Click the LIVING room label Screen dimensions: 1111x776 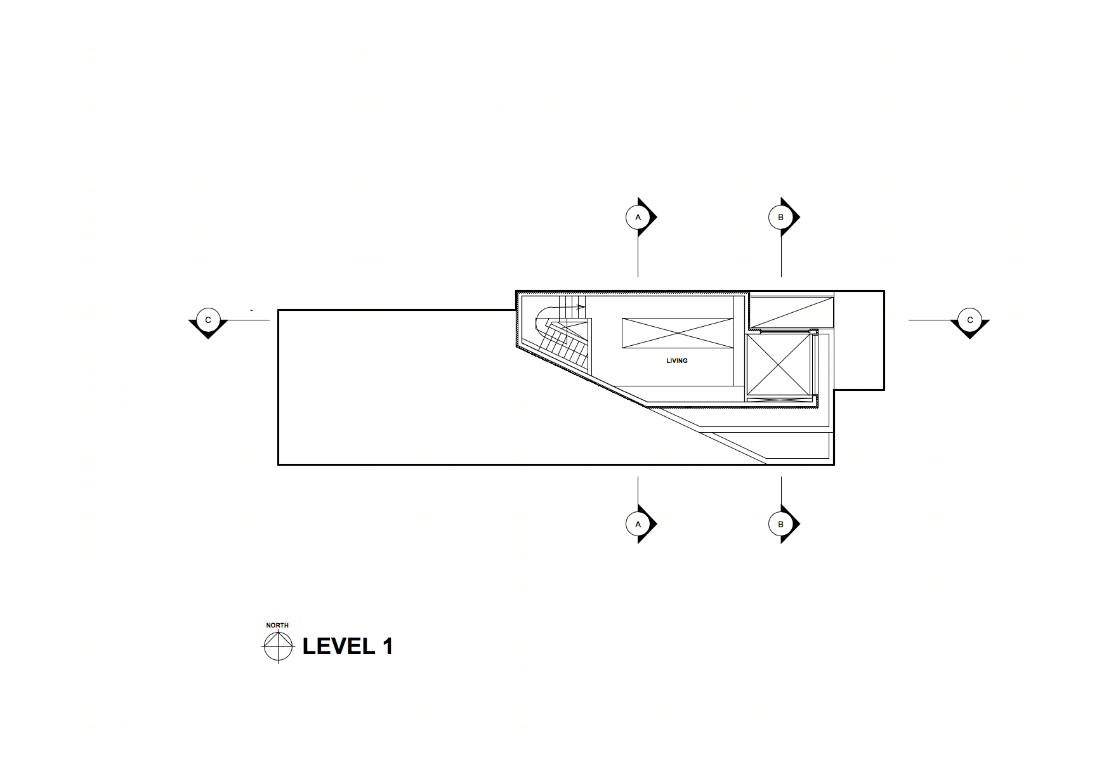point(677,360)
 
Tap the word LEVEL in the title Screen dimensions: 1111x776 point(339,646)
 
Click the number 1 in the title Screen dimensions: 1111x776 point(388,646)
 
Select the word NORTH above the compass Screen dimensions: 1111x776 point(277,625)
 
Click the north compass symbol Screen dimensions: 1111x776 point(279,647)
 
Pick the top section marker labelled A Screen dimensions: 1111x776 point(640,217)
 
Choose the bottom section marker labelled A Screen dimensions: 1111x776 point(640,524)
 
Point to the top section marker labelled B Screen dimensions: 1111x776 point(782,217)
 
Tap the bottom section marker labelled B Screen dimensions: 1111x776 point(782,524)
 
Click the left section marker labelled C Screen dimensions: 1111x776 point(208,322)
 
